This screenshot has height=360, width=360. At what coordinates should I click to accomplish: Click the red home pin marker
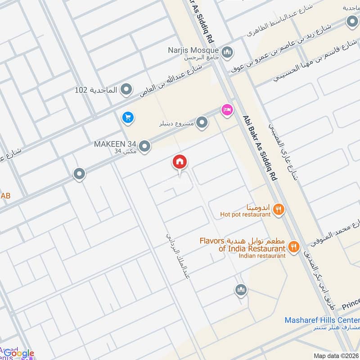tap(180, 162)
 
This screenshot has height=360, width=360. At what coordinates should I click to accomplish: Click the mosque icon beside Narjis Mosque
tap(228, 52)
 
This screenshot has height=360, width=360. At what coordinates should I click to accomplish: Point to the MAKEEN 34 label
tap(114, 144)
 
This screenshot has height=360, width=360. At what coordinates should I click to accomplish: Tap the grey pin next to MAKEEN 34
tap(144, 146)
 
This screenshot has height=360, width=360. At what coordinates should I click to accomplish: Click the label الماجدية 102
tap(96, 90)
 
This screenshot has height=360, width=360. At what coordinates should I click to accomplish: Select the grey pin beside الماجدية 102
tap(127, 90)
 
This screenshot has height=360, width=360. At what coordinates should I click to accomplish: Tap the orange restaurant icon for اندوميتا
tap(279, 209)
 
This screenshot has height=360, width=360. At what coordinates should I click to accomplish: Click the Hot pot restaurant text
tap(245, 215)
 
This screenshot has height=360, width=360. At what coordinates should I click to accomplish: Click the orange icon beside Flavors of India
tap(294, 247)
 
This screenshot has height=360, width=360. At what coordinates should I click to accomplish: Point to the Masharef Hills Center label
tap(321, 320)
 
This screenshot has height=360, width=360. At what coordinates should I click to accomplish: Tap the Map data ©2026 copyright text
tap(336, 355)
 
